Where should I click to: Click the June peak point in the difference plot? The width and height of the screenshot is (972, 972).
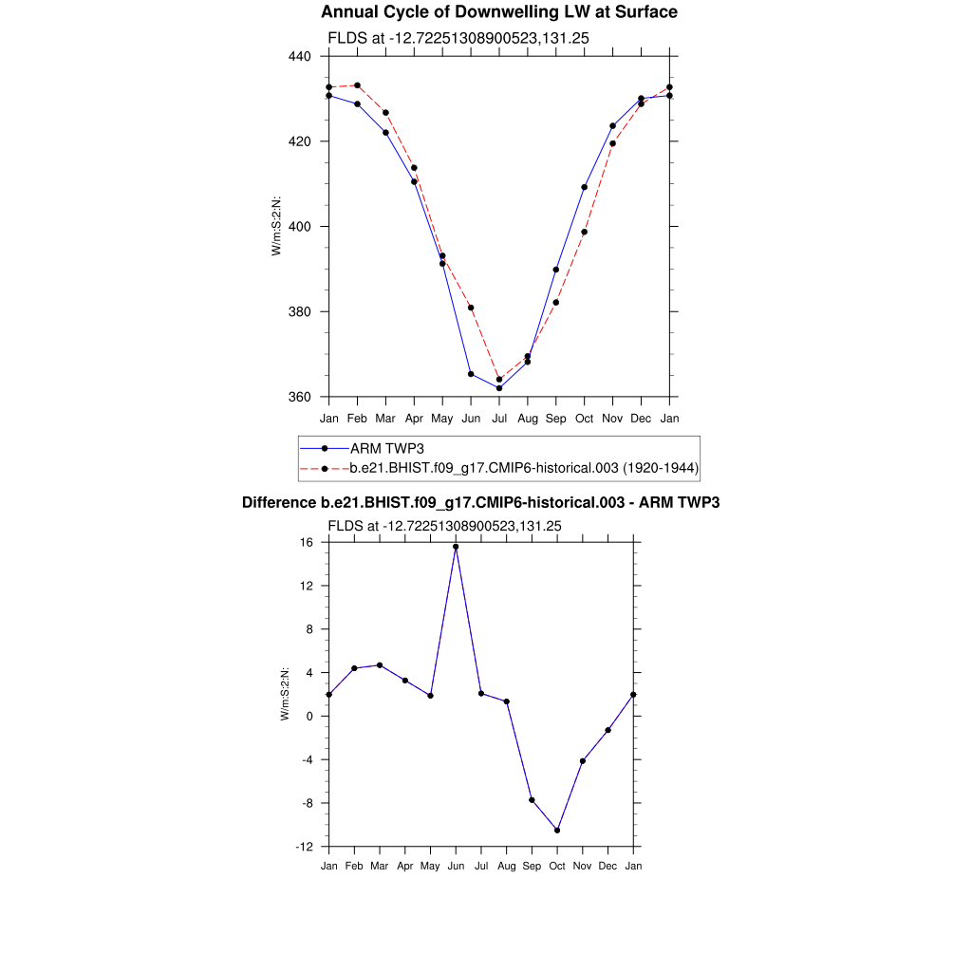pyautogui.click(x=456, y=547)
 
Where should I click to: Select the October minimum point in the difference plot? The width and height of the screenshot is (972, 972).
pyautogui.click(x=557, y=831)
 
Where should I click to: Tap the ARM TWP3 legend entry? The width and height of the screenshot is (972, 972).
pyautogui.click(x=380, y=448)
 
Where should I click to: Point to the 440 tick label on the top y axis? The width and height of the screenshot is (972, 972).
pyautogui.click(x=301, y=57)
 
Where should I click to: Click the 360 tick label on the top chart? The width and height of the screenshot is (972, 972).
pyautogui.click(x=301, y=397)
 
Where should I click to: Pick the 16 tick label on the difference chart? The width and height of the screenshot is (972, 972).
pyautogui.click(x=307, y=542)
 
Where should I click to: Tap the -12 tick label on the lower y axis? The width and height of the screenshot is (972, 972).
pyautogui.click(x=305, y=847)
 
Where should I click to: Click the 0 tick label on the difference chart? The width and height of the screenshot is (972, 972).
pyautogui.click(x=310, y=717)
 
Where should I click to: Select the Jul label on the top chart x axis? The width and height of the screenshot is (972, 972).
pyautogui.click(x=499, y=418)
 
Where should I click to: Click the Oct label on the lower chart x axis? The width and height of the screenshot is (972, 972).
pyautogui.click(x=557, y=866)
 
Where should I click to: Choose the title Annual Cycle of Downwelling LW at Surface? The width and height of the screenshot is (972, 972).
pyautogui.click(x=499, y=12)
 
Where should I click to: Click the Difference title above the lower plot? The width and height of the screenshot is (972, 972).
pyautogui.click(x=480, y=502)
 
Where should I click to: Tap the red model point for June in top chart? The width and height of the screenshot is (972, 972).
pyautogui.click(x=471, y=308)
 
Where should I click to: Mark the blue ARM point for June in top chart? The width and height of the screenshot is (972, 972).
pyautogui.click(x=471, y=374)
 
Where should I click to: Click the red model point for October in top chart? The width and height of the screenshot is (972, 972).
pyautogui.click(x=585, y=232)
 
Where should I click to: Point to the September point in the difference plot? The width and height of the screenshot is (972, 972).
pyautogui.click(x=532, y=800)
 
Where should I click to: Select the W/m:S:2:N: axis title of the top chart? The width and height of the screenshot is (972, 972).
pyautogui.click(x=276, y=226)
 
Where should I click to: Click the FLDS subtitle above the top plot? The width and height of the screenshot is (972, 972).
pyautogui.click(x=458, y=38)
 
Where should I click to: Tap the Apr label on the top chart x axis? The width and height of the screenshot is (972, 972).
pyautogui.click(x=414, y=418)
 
